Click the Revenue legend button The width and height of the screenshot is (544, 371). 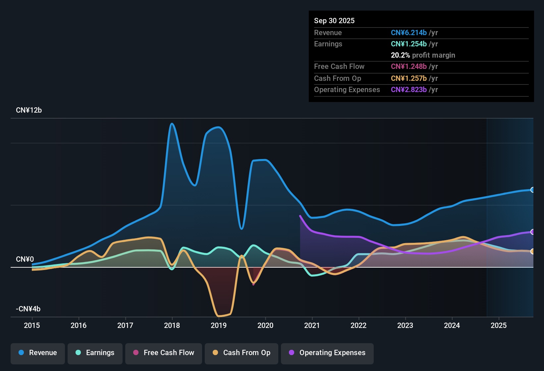pyautogui.click(x=38, y=353)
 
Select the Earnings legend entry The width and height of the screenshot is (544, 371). pyautogui.click(x=95, y=353)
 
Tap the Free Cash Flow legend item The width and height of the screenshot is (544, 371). pyautogui.click(x=164, y=353)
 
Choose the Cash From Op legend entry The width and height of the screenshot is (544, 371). pyautogui.click(x=242, y=353)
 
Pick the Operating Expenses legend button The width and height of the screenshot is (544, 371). pyautogui.click(x=327, y=353)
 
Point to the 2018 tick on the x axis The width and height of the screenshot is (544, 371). pyautogui.click(x=172, y=325)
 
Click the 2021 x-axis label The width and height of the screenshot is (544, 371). pyautogui.click(x=312, y=325)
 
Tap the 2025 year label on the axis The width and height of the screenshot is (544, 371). pyautogui.click(x=498, y=325)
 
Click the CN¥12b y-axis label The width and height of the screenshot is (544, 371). pyautogui.click(x=29, y=110)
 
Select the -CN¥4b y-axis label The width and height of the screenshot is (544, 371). pyautogui.click(x=28, y=309)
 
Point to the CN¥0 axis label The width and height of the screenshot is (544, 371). pyautogui.click(x=25, y=259)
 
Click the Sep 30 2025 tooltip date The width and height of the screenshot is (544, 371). pyautogui.click(x=334, y=21)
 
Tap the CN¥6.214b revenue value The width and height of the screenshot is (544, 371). pyautogui.click(x=408, y=33)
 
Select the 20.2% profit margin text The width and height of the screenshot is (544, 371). pyautogui.click(x=423, y=55)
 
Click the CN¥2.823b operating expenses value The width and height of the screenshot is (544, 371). pyautogui.click(x=408, y=90)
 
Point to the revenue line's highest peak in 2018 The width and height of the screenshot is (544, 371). pyautogui.click(x=172, y=124)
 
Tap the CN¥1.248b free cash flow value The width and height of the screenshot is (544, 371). pyautogui.click(x=408, y=67)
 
